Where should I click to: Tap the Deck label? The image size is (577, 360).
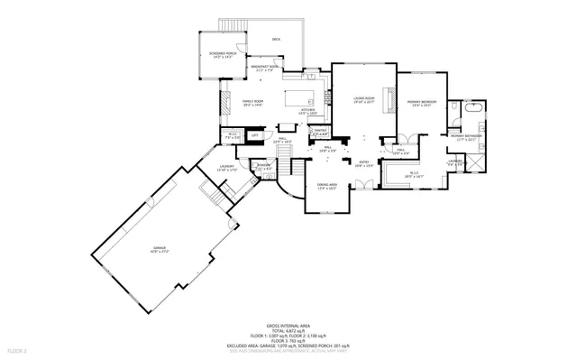276,40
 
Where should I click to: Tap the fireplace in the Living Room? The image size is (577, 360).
390,97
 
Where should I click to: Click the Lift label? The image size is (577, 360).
255,135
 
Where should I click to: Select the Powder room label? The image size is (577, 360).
264,167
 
